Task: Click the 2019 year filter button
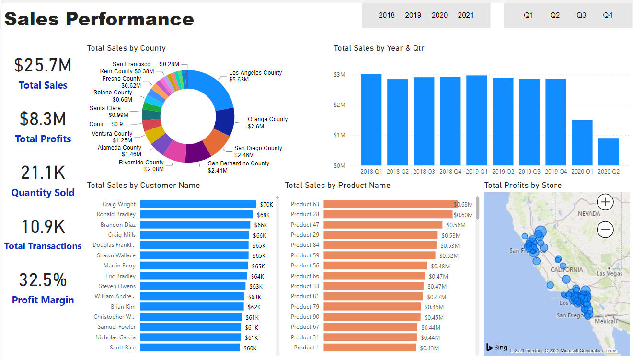pos(413,15)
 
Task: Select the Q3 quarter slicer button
pos(581,15)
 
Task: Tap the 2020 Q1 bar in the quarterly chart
pos(582,142)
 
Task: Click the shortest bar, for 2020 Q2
pos(608,151)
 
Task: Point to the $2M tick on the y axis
pos(339,105)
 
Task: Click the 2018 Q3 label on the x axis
pos(424,171)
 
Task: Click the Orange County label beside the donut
pos(267,119)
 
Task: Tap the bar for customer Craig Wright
pos(198,204)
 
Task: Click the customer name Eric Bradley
pos(120,276)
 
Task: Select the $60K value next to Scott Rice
pos(250,348)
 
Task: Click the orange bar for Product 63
pos(389,204)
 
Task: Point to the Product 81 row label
pos(305,296)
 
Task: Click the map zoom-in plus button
pos(605,202)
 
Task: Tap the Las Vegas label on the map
pos(609,273)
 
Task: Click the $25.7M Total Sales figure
pos(43,65)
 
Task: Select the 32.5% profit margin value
pos(43,280)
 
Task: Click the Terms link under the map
pos(611,351)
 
